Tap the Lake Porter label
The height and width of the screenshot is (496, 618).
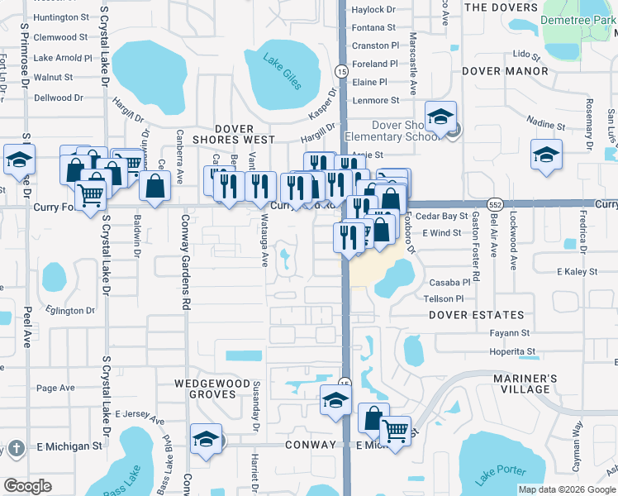click(501, 475)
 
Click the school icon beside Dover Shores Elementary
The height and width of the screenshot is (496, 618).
click(441, 117)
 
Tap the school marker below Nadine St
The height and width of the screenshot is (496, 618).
click(545, 155)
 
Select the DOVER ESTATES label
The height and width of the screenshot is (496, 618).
click(477, 315)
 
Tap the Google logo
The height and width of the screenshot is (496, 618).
click(27, 486)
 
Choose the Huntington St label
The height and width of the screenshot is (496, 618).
click(61, 17)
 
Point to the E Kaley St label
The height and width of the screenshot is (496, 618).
click(577, 271)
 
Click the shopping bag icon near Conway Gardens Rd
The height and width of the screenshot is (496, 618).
click(155, 186)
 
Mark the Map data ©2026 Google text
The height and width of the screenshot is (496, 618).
click(567, 489)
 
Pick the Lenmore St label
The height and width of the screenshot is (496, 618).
click(376, 101)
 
